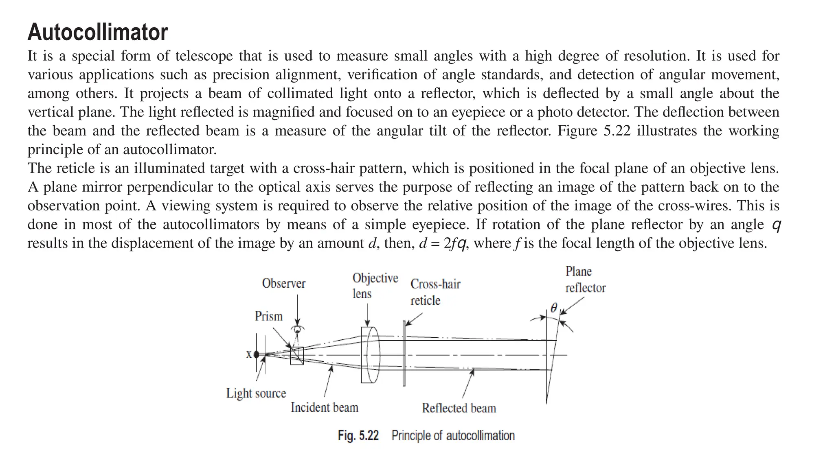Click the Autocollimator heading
point(98,32)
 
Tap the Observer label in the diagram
point(283,283)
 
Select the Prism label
point(268,316)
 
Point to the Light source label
point(256,393)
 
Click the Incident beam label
point(324,407)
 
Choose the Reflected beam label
point(459,408)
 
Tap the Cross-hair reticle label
point(435,292)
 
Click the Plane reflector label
point(585,280)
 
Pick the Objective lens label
point(375,286)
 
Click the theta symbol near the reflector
point(553,308)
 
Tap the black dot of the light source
point(256,354)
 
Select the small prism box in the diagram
point(296,356)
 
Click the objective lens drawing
point(370,355)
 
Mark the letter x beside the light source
point(249,354)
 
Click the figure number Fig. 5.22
point(358,435)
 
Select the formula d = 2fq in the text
point(442,243)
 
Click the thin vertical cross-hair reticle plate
point(404,353)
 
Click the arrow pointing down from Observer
point(298,309)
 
